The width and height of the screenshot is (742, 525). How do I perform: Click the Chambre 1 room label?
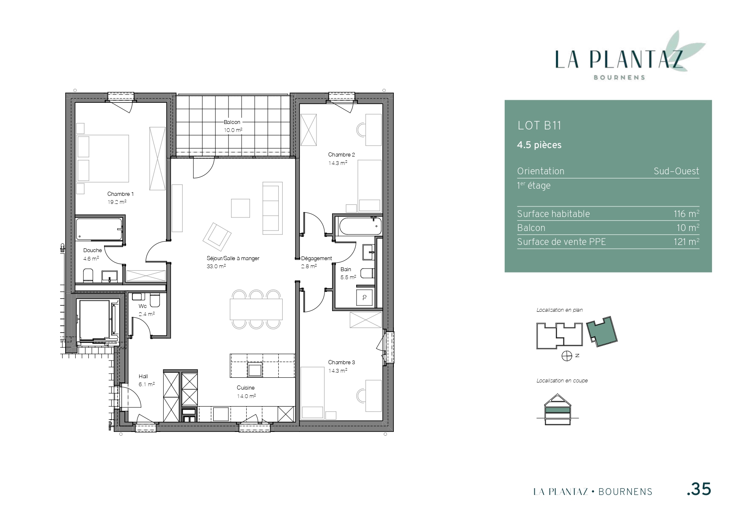pyautogui.click(x=120, y=194)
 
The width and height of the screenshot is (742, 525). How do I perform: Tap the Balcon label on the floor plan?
pyautogui.click(x=232, y=122)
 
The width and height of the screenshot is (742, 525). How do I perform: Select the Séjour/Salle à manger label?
pyautogui.click(x=233, y=258)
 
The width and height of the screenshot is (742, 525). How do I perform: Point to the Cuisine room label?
pyautogui.click(x=246, y=388)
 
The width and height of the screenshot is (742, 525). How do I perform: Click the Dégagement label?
pyautogui.click(x=316, y=258)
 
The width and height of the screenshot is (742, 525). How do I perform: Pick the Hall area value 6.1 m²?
pyautogui.click(x=147, y=385)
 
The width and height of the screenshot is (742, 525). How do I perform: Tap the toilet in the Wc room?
pyautogui.click(x=154, y=300)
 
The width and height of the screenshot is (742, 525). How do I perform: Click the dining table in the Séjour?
pyautogui.click(x=256, y=309)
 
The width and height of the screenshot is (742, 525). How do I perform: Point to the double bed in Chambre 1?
pyautogui.click(x=103, y=159)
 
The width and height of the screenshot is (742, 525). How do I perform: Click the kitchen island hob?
pyautogui.click(x=255, y=370)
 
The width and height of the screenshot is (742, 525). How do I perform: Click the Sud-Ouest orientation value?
pyautogui.click(x=676, y=171)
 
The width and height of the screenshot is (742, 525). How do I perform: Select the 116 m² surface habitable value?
pyautogui.click(x=686, y=214)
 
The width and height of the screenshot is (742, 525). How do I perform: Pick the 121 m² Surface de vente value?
pyautogui.click(x=686, y=242)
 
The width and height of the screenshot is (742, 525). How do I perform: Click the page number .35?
pyautogui.click(x=699, y=489)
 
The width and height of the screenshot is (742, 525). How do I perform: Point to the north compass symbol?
pyautogui.click(x=567, y=356)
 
